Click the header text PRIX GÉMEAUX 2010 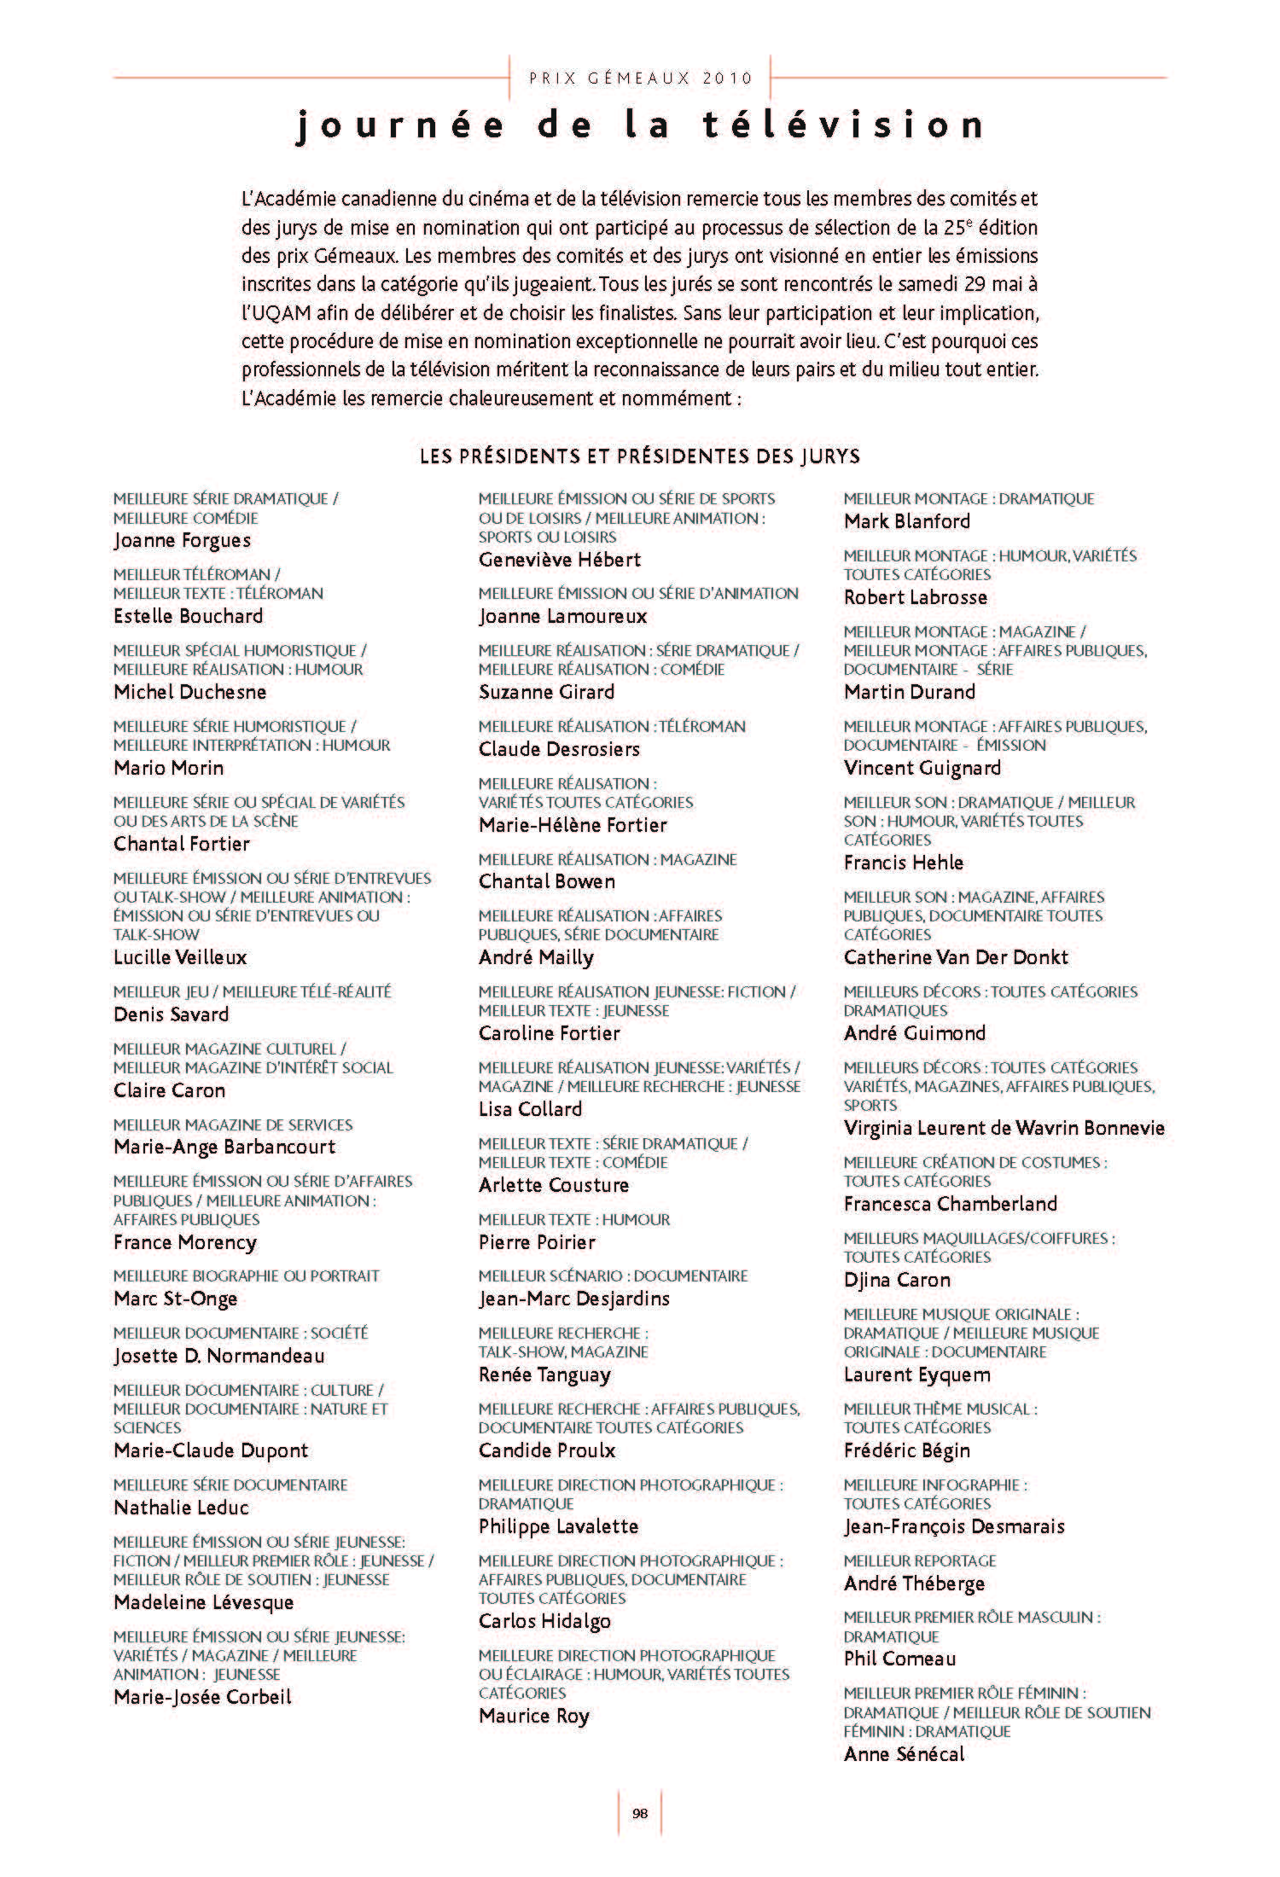point(641,78)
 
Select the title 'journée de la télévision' point(640,125)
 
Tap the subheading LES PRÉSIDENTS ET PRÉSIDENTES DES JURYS point(640,456)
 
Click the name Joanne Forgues point(182,540)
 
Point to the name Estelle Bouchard point(188,616)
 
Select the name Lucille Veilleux point(180,957)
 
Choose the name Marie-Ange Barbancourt point(224,1147)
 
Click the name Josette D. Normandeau point(218,1356)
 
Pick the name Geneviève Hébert point(560,560)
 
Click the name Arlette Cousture point(554,1185)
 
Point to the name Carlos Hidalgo point(544,1621)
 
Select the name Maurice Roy point(534,1716)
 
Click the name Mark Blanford point(907,521)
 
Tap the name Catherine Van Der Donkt point(956,957)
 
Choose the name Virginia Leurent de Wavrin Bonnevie point(1004,1128)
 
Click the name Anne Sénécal point(904,1754)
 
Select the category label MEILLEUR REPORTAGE point(920,1560)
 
